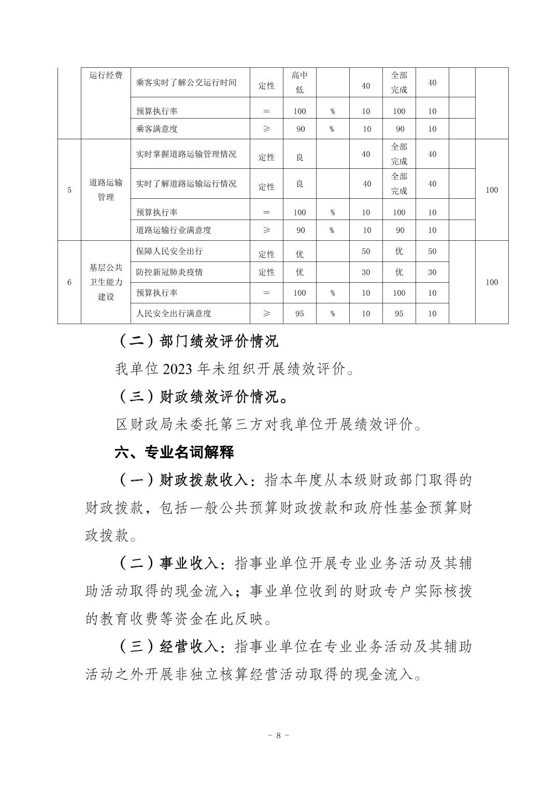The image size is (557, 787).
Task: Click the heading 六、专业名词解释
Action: (174, 452)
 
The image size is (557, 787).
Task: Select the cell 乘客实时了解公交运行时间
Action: (186, 82)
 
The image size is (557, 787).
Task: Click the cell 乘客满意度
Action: (156, 129)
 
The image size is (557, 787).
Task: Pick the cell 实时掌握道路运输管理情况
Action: (186, 154)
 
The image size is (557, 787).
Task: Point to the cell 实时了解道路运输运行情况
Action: (186, 184)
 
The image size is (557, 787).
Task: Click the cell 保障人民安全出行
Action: (169, 251)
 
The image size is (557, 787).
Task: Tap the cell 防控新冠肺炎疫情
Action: (169, 272)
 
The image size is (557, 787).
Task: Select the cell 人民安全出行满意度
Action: (174, 313)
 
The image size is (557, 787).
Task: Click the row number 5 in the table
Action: (69, 190)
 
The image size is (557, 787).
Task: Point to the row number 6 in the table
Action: (69, 282)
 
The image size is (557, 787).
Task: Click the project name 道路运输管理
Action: (106, 190)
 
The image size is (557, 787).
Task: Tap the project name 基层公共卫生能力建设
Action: (106, 282)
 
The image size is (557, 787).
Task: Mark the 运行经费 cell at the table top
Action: (106, 76)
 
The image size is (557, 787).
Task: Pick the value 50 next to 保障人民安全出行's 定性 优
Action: (366, 252)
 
